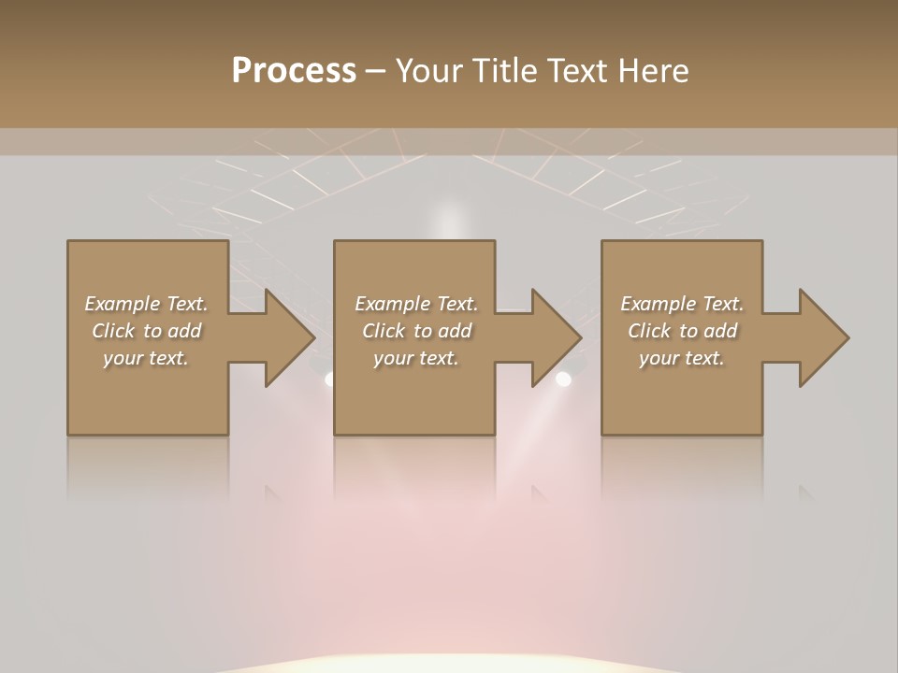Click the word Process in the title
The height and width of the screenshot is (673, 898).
(294, 70)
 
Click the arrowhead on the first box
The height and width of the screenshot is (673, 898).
(286, 337)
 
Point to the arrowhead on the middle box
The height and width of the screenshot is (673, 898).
(554, 337)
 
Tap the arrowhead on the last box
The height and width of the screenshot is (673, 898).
(821, 337)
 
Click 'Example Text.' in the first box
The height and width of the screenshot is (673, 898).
(146, 304)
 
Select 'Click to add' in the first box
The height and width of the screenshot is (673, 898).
(146, 331)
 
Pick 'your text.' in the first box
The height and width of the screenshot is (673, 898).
(146, 358)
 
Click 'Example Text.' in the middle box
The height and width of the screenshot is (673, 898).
(416, 304)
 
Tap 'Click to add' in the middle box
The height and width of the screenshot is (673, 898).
(416, 331)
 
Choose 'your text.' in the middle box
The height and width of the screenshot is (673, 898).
(416, 358)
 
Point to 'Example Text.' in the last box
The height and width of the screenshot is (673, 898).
(682, 304)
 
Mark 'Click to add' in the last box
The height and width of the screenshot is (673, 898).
(682, 331)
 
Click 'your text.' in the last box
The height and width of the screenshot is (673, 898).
(682, 358)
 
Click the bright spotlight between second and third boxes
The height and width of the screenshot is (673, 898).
(563, 379)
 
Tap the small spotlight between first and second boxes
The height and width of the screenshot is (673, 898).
(329, 379)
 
